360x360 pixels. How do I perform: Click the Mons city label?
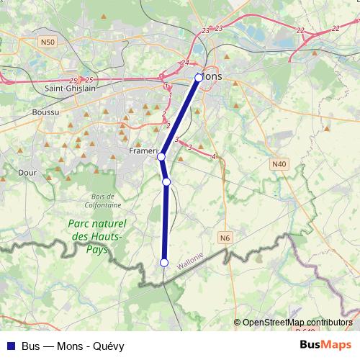[x=212, y=76]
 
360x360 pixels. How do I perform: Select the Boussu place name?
[x=47, y=112]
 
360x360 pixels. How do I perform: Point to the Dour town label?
[x=27, y=173]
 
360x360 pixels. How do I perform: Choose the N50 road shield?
[x=48, y=42]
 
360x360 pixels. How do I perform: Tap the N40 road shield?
[x=279, y=164]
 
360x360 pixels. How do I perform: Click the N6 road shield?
[x=225, y=237]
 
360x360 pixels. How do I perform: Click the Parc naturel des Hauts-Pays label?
[x=96, y=236]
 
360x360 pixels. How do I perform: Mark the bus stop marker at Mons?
[x=199, y=76]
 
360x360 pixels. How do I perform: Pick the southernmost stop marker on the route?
[x=164, y=263]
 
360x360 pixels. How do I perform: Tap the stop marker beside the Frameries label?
[x=161, y=156]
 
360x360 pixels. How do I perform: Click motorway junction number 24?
[x=185, y=63]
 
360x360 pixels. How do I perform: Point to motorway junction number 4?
[x=214, y=156]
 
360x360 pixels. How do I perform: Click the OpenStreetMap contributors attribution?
[x=297, y=323]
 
